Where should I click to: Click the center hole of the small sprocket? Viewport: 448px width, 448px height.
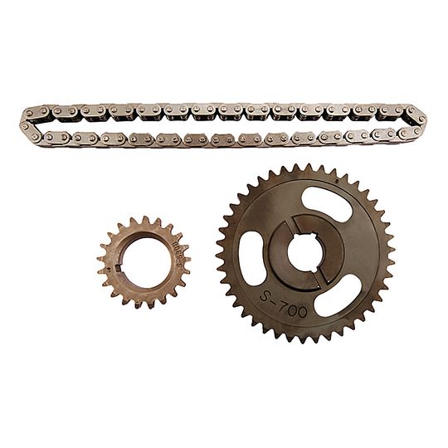click(143, 263)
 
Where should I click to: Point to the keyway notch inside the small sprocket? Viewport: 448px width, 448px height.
click(124, 267)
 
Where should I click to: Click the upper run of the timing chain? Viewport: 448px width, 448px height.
click(224, 110)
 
